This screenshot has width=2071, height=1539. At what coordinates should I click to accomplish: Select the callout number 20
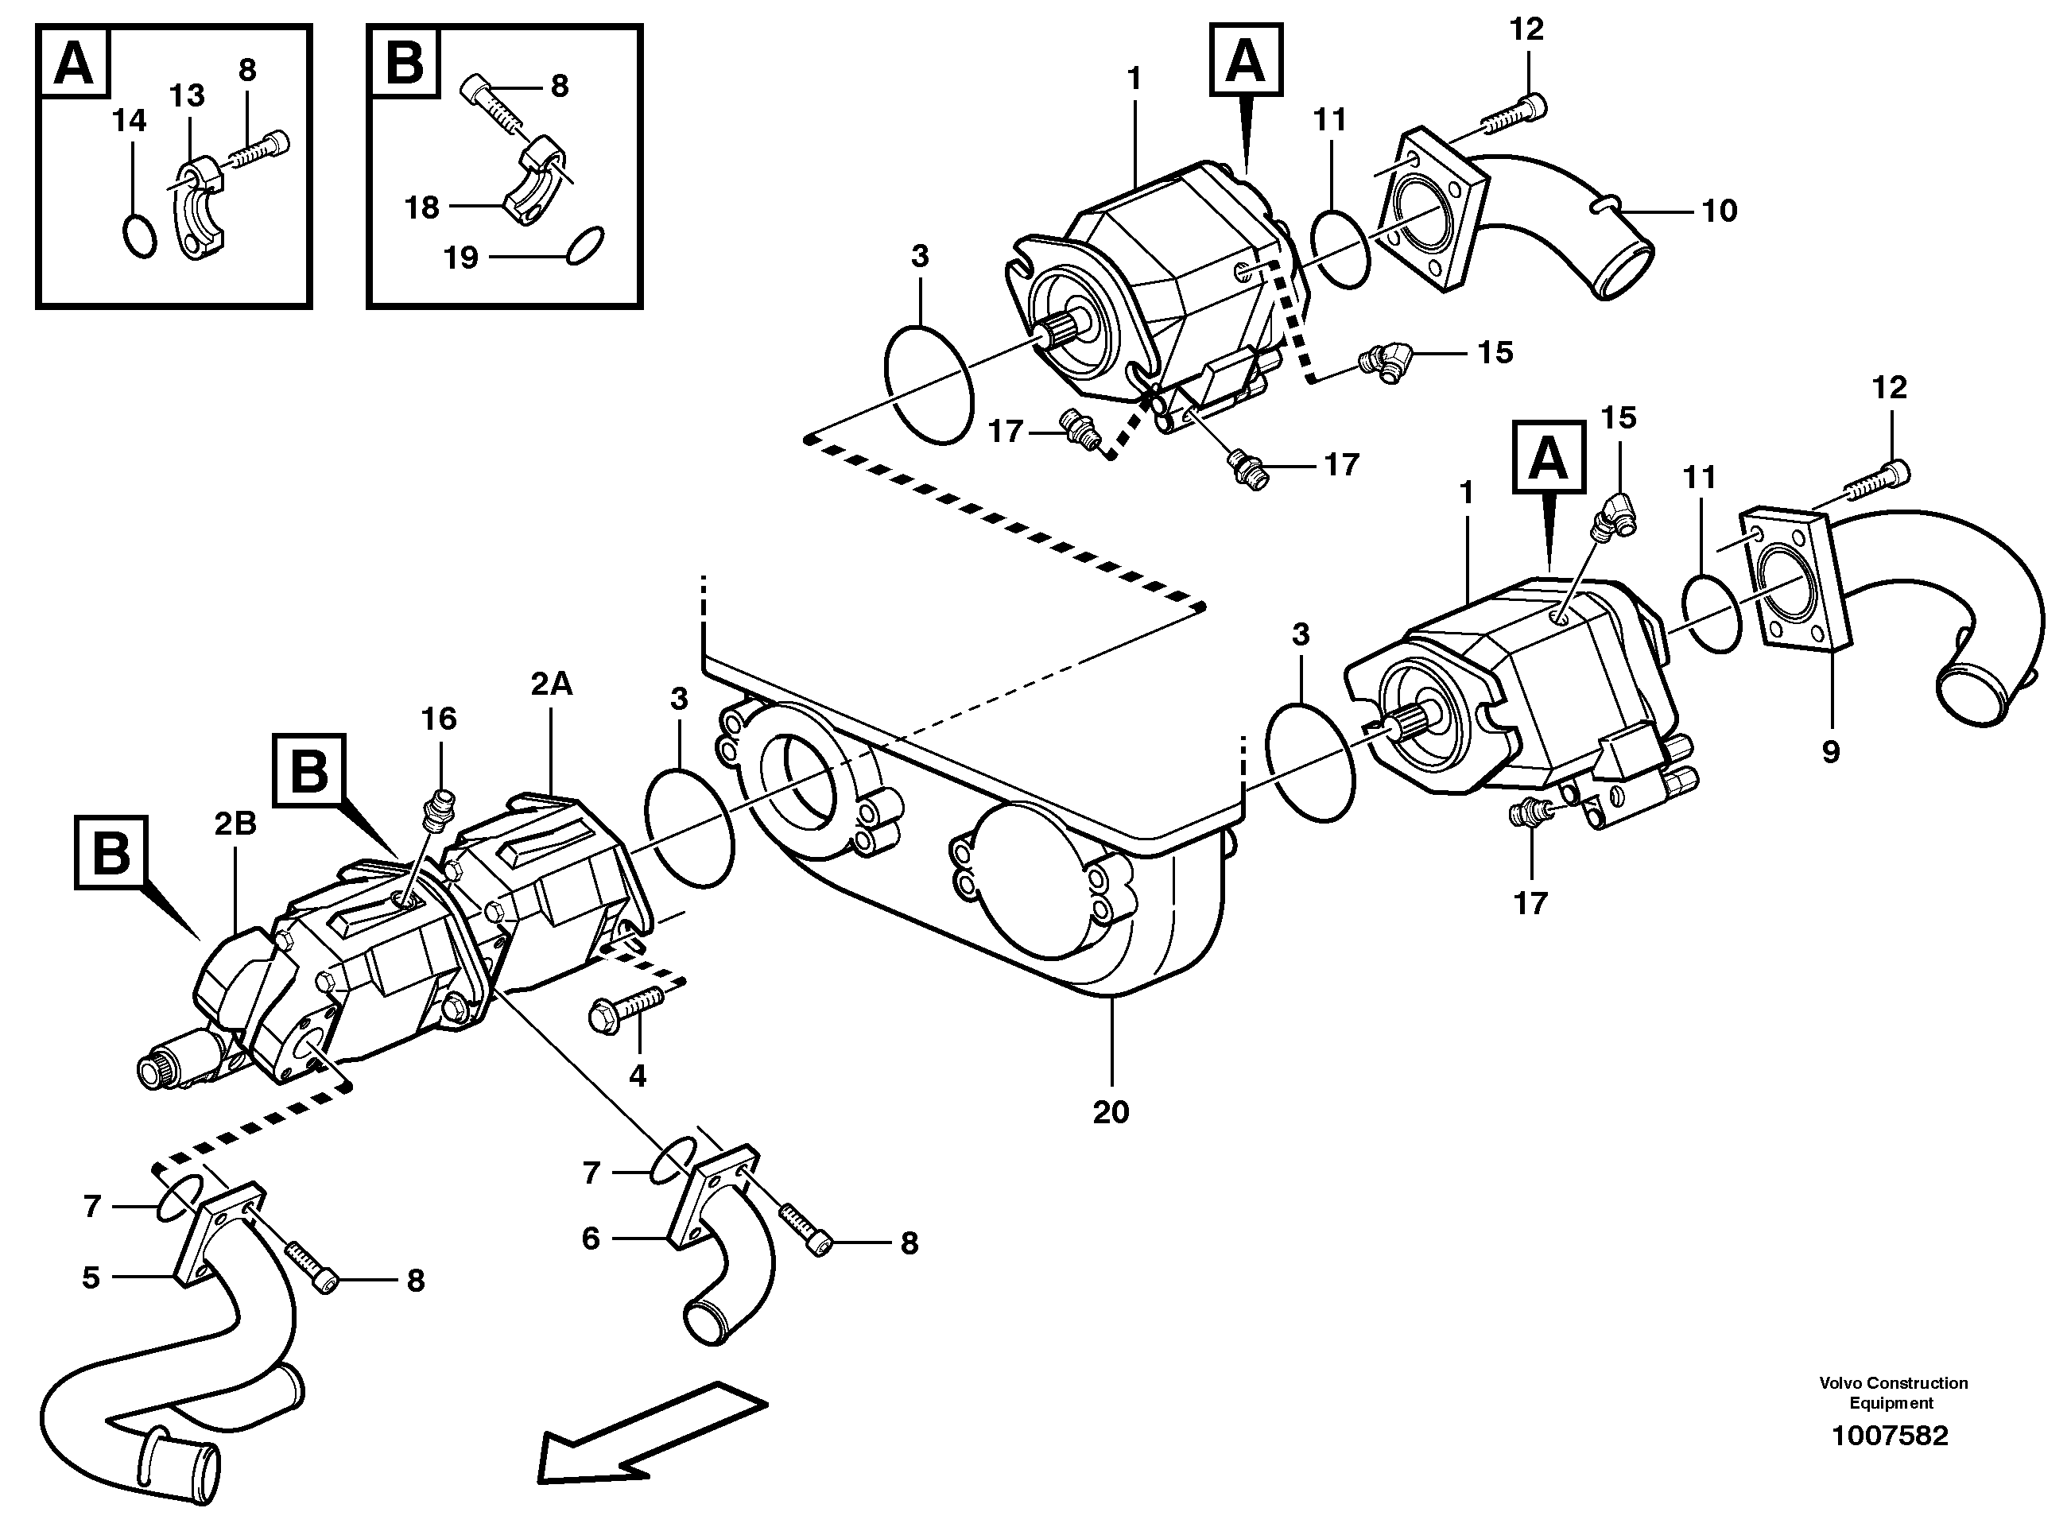(1111, 1111)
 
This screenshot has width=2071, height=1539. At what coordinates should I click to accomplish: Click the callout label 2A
(552, 684)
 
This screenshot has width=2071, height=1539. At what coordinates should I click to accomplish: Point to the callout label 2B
(235, 823)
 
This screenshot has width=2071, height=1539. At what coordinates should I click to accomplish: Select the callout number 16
(439, 719)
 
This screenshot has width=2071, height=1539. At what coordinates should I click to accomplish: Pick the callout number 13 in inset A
(188, 95)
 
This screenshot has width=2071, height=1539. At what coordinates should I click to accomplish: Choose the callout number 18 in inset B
(422, 207)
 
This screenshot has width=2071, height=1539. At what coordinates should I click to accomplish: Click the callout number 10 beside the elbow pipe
(1719, 211)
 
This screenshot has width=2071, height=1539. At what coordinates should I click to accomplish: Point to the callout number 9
(1831, 752)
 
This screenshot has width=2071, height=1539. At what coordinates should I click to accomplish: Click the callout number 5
(91, 1277)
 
